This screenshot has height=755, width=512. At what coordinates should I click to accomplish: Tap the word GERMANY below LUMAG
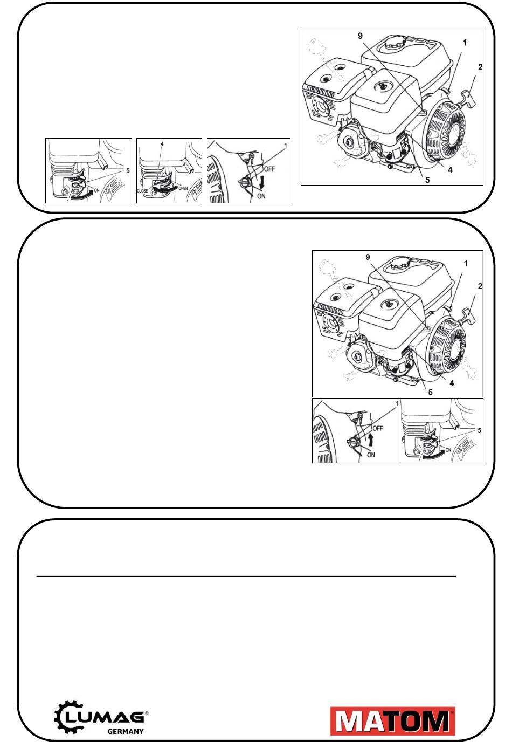point(125,731)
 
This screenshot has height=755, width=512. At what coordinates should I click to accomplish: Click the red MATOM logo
point(393,721)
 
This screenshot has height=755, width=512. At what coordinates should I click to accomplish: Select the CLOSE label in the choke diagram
point(142,191)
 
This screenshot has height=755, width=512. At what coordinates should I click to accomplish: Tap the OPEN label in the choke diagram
point(183,188)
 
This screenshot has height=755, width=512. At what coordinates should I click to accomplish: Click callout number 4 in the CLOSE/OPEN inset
point(162,144)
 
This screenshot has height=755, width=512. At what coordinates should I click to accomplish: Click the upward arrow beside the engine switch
point(371,440)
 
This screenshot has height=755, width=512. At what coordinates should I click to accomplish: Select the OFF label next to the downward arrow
point(269,169)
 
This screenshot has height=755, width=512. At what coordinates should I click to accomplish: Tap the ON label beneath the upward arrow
point(371,455)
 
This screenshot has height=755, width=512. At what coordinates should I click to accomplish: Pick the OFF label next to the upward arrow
point(378,428)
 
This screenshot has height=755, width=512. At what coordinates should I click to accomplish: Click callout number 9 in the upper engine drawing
point(361,36)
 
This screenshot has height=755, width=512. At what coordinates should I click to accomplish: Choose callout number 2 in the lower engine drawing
point(480,286)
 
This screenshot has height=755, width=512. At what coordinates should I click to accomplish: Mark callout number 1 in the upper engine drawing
point(465,43)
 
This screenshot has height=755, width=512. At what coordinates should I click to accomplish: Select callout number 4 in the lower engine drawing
point(452,382)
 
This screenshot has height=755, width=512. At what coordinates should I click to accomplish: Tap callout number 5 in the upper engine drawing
point(427,180)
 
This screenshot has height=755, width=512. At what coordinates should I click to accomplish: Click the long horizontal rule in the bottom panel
point(246,576)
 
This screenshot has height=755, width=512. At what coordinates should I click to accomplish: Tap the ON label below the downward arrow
point(261,196)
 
